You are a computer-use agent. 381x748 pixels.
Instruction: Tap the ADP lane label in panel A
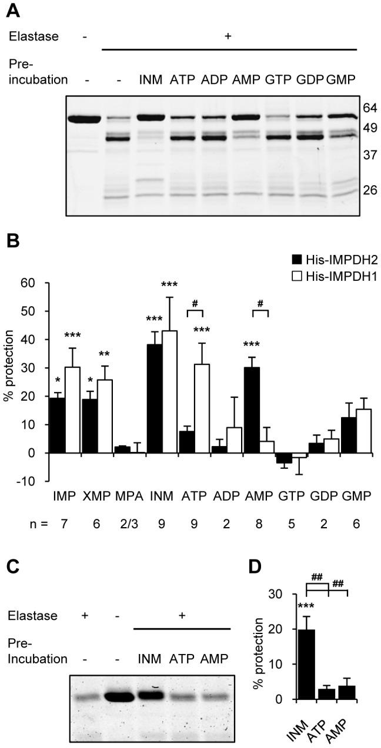pyautogui.click(x=212, y=79)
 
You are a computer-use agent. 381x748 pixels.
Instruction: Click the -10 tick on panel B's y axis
pyautogui.click(x=32, y=481)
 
